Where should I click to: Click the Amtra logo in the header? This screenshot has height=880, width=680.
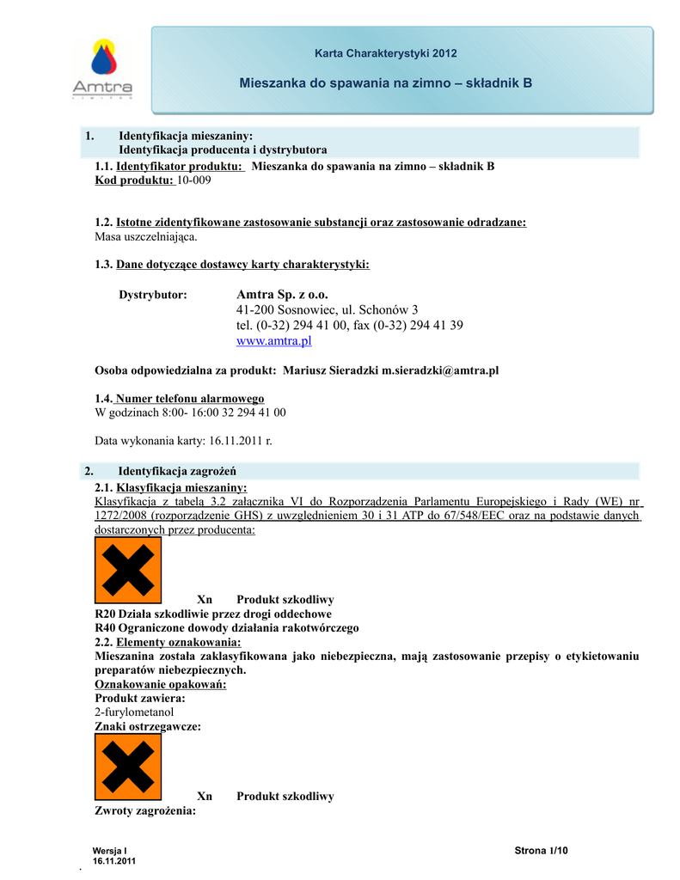(102, 70)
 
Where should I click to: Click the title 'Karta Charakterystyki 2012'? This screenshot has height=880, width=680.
(385, 53)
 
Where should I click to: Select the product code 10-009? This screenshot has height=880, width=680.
(194, 180)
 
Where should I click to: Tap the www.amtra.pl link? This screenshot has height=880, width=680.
(273, 341)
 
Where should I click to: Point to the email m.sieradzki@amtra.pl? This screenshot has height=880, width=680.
(440, 370)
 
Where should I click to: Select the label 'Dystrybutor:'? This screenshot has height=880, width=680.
(153, 295)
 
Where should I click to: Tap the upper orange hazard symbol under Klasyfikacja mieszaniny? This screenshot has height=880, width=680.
(128, 570)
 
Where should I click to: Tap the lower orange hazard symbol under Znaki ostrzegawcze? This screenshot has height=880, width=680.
(128, 767)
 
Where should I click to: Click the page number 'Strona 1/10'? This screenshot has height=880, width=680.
(542, 851)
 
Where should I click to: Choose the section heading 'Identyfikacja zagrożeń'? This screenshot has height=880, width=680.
(177, 471)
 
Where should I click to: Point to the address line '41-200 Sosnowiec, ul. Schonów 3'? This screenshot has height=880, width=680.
(327, 309)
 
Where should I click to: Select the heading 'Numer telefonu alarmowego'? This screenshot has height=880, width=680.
(190, 399)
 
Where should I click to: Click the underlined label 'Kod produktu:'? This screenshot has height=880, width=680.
(133, 180)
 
